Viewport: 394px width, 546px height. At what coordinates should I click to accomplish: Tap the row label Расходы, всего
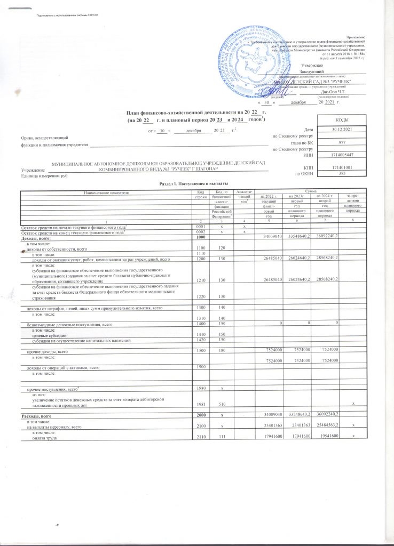36,415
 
